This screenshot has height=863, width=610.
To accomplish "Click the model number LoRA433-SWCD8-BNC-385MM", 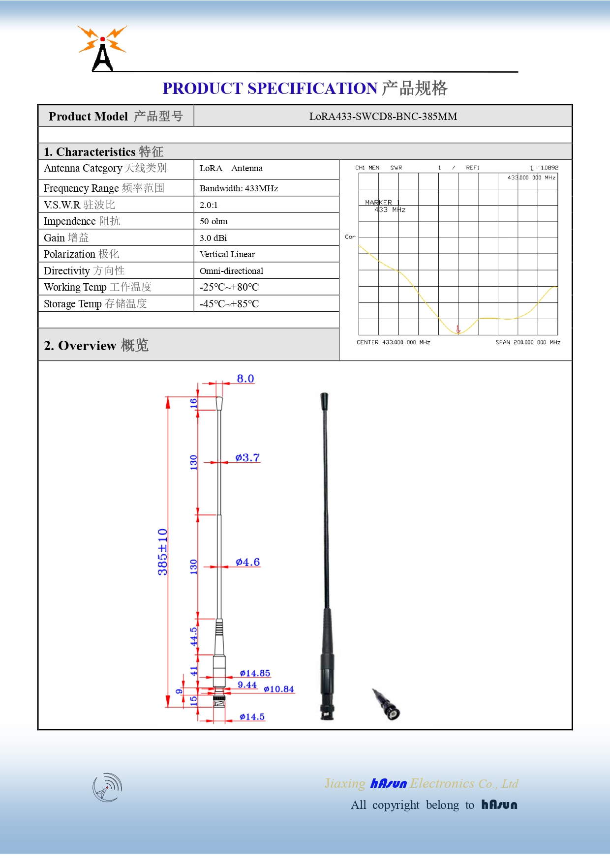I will click(x=383, y=117).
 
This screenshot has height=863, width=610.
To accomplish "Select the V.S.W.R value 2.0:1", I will click(x=209, y=205).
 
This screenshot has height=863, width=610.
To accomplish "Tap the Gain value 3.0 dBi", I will click(x=213, y=238).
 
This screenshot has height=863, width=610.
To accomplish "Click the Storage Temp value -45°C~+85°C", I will click(x=229, y=304).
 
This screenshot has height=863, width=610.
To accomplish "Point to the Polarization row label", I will click(x=81, y=254).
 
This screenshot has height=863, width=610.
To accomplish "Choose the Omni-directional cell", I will click(x=231, y=271).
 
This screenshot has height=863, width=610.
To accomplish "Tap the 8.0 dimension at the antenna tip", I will click(x=245, y=379).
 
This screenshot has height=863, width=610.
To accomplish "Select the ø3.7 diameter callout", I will click(x=247, y=458).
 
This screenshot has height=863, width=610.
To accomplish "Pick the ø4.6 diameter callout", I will click(x=247, y=562).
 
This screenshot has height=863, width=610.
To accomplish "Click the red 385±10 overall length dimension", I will click(x=162, y=552).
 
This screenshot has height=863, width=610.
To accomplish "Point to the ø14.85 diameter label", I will click(x=255, y=673).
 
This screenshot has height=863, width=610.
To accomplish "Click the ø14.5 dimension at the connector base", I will click(x=252, y=717).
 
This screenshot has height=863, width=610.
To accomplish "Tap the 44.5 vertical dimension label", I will click(x=194, y=636).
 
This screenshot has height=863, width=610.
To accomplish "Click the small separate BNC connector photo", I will click(x=386, y=704).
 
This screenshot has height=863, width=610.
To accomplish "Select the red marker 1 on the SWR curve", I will click(x=458, y=329).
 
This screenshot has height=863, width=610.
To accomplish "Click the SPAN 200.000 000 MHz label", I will click(x=527, y=342).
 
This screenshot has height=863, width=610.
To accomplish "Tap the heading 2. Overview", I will click(x=96, y=345).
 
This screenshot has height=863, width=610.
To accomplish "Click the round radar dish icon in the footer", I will click(x=107, y=787).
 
